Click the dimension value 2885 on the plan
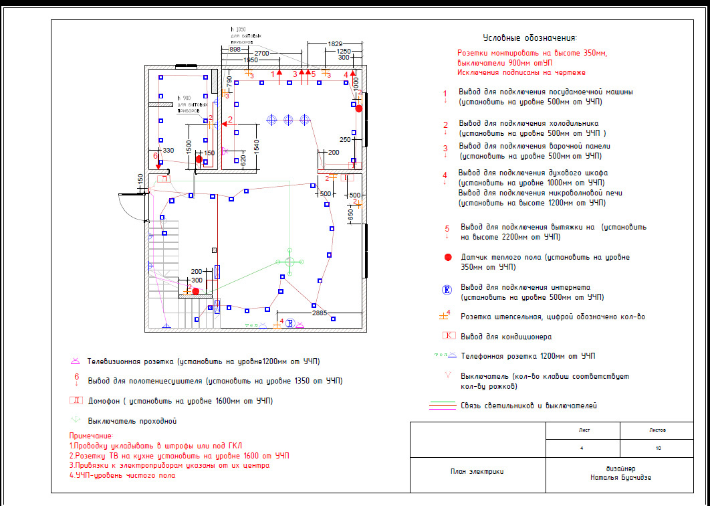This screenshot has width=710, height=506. click(320, 313)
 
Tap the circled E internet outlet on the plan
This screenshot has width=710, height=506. click(290, 324)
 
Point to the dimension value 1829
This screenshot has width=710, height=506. click(336, 43)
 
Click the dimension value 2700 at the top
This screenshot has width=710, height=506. click(262, 53)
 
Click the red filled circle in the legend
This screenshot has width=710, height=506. click(448, 257)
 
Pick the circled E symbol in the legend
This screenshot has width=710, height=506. click(447, 289)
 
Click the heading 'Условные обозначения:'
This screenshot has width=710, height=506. click(529, 38)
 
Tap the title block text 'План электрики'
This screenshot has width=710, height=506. click(477, 473)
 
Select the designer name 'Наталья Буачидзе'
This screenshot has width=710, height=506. click(622, 478)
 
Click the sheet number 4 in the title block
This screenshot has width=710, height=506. click(582, 447)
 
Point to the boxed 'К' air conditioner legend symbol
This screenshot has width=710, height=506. click(449, 336)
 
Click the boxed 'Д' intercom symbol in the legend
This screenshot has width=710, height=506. click(76, 401)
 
